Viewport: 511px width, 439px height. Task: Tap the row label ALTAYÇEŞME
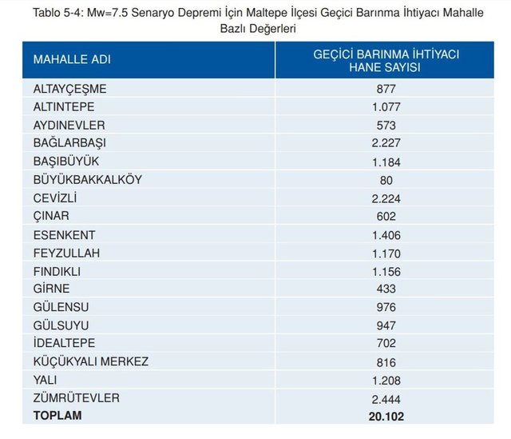(69, 89)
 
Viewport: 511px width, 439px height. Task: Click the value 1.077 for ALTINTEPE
(386, 107)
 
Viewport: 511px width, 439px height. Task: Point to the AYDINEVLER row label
(69, 126)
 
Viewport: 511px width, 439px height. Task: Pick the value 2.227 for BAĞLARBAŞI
(386, 143)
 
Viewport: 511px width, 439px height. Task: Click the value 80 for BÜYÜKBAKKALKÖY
(386, 180)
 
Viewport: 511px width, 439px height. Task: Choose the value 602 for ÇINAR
(386, 216)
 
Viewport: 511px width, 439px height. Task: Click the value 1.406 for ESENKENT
(386, 234)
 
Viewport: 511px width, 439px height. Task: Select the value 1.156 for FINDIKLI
(386, 271)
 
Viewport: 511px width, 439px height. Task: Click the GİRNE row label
(51, 289)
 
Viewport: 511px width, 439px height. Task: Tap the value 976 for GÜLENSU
(386, 307)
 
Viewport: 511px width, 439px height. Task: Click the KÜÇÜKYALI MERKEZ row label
(90, 361)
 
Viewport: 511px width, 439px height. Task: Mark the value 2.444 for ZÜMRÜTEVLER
(386, 398)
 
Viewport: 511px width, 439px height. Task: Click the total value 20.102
(386, 416)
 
